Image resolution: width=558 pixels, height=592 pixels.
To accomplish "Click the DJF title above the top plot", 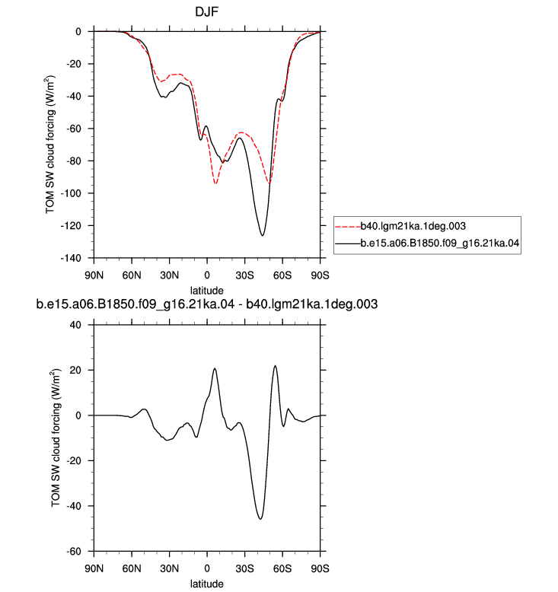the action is (206, 11).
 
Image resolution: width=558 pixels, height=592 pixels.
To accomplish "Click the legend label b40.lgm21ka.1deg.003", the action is (413, 226).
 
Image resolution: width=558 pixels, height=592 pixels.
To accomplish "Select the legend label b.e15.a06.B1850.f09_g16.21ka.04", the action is (440, 243).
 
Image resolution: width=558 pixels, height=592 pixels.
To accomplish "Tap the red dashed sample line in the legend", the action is (348, 227).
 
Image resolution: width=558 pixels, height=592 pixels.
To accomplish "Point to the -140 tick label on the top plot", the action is (71, 258).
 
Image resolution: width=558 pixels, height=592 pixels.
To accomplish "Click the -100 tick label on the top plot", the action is (71, 193).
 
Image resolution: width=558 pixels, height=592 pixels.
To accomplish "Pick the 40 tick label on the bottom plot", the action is (75, 325).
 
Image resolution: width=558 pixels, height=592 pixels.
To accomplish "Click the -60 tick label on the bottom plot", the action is (73, 551).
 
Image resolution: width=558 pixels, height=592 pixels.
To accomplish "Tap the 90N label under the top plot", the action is (94, 275).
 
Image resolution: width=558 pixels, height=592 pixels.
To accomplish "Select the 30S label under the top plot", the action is (245, 275).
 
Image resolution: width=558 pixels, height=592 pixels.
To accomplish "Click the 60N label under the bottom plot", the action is (132, 568).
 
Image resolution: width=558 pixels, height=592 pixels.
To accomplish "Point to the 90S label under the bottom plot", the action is (320, 568).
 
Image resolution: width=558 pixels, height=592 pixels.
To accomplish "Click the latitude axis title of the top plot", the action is (206, 291).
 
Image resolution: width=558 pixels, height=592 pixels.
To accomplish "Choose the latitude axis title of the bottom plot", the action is (206, 584).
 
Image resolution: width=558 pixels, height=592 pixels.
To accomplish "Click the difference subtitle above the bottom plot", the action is (206, 304).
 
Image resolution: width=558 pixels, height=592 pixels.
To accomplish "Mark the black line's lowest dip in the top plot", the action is (262, 236).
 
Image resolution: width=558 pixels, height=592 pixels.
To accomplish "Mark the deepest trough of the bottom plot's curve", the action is (260, 519).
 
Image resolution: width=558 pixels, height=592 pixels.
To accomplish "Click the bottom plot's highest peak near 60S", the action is (275, 365).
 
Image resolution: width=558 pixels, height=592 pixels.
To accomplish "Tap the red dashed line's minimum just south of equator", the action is (215, 183).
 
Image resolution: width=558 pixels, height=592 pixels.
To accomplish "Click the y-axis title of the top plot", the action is (50, 145).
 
